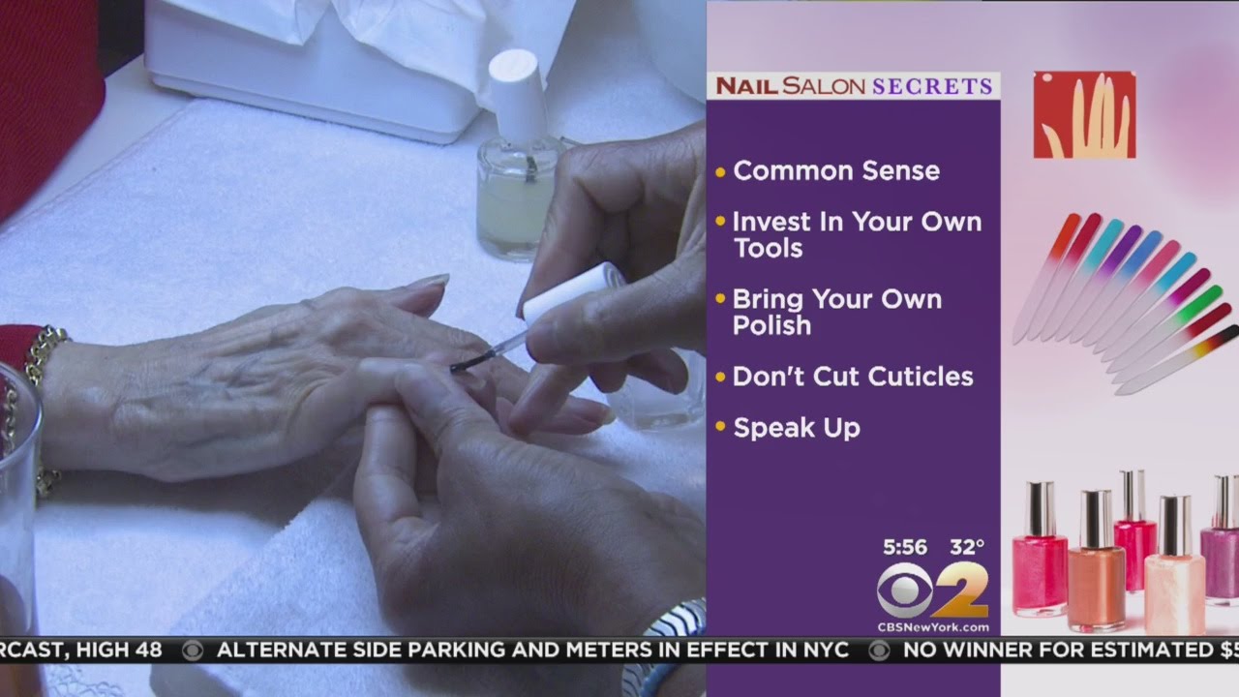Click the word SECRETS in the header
(x=932, y=86)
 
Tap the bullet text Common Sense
(x=836, y=171)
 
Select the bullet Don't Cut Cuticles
(x=853, y=377)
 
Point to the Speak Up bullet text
(x=797, y=428)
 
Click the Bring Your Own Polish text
(x=836, y=312)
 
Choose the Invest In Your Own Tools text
(x=857, y=234)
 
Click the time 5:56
(x=905, y=547)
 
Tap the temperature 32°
(x=966, y=547)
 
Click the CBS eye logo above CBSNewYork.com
(x=904, y=589)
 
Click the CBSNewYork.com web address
(x=932, y=626)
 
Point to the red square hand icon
(x=1084, y=115)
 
